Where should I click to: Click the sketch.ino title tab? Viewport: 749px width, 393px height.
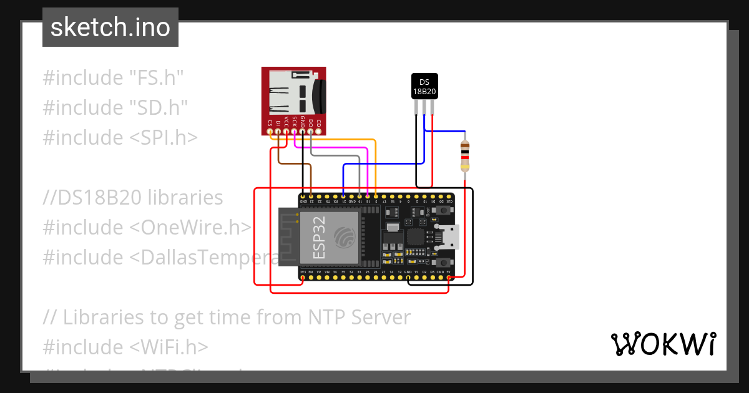tap(110, 27)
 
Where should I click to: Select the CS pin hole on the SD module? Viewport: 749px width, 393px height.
tap(270, 132)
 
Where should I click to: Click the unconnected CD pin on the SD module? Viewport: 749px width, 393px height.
tap(318, 132)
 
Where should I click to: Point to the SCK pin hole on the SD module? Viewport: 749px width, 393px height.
tap(295, 132)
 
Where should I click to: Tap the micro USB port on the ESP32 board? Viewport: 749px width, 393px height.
tap(451, 236)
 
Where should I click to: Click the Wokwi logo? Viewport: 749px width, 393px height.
tap(663, 344)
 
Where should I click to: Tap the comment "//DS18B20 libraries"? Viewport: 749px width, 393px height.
tap(133, 198)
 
